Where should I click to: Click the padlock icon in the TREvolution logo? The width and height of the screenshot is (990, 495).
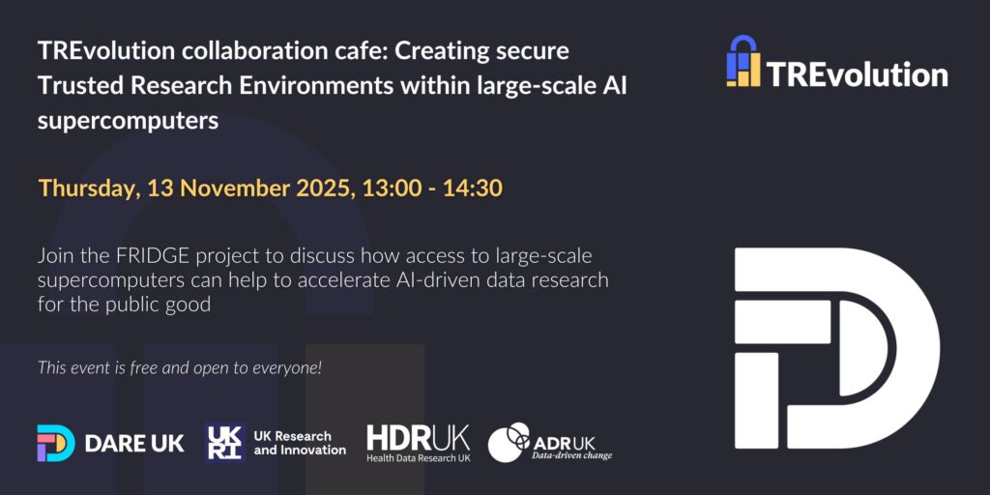[x=743, y=61]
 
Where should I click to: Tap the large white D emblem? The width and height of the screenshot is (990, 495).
[x=836, y=348]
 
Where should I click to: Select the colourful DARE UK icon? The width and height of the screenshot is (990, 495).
[x=55, y=443]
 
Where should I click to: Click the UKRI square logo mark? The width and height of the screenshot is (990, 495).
[x=224, y=443]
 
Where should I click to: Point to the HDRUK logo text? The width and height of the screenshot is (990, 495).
[x=418, y=437]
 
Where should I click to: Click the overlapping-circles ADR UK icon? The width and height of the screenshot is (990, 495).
[x=510, y=442]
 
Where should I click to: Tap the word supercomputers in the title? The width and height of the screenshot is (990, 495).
[x=129, y=120]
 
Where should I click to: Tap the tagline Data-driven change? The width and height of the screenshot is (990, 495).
[x=572, y=455]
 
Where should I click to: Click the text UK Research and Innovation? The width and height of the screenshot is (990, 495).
[x=300, y=443]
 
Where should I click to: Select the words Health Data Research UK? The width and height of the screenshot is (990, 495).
[x=418, y=457]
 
